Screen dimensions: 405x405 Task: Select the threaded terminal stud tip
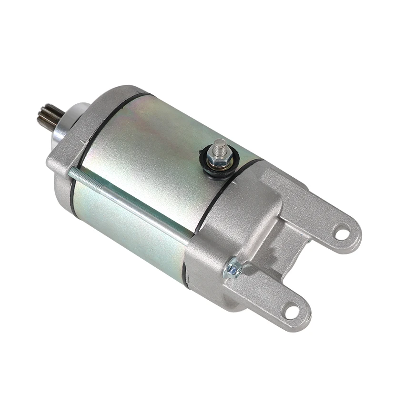tap(220, 144)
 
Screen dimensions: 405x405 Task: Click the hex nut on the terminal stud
tap(220, 159)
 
